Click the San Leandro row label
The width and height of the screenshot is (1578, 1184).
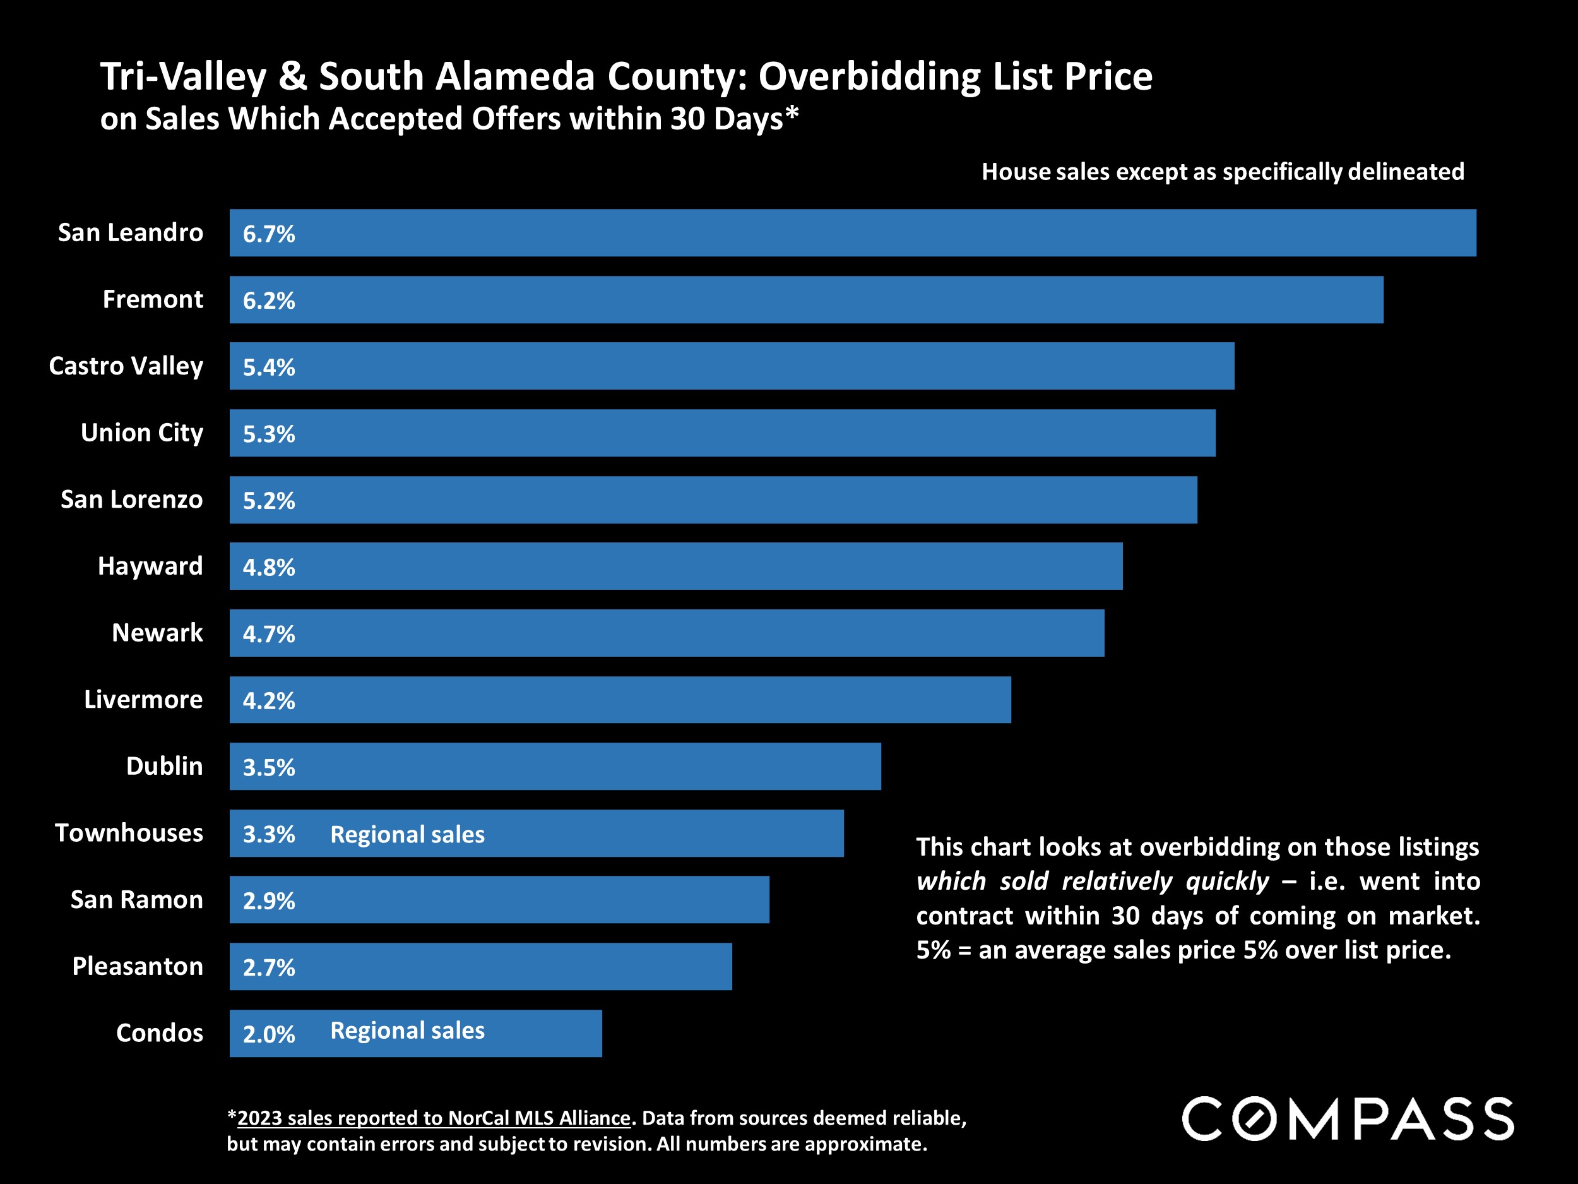(130, 232)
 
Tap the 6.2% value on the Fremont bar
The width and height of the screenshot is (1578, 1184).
(268, 301)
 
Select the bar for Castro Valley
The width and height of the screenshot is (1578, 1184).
(731, 366)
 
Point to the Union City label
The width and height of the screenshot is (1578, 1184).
(141, 433)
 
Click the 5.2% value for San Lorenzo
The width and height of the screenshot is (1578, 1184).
(268, 500)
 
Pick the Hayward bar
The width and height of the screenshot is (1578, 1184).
(675, 566)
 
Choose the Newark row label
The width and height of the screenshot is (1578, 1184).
(157, 633)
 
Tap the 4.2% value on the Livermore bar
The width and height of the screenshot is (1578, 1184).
(268, 700)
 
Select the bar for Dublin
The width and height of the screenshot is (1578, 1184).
(555, 767)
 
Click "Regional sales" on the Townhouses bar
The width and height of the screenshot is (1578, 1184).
(407, 834)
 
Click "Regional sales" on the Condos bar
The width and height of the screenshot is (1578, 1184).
(407, 1031)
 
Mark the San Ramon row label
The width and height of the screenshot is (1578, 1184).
(136, 899)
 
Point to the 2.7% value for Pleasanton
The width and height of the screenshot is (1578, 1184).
(268, 967)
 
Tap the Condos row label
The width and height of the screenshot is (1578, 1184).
(159, 1032)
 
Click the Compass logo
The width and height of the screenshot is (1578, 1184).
(1347, 1119)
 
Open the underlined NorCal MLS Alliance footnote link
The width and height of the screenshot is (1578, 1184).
(434, 1118)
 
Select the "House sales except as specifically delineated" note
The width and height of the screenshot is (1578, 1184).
(1222, 172)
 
